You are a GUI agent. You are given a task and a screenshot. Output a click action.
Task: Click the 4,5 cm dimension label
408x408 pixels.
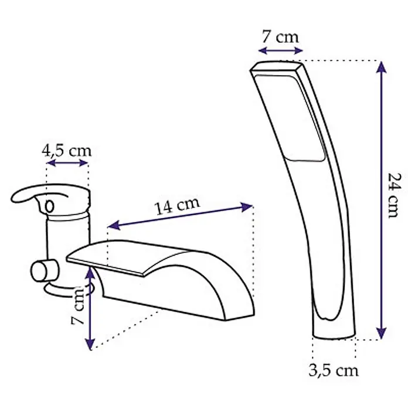67,151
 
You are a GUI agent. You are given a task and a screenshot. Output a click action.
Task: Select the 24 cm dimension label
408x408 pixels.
394,196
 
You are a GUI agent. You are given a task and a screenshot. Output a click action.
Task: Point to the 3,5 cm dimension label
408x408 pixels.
334,370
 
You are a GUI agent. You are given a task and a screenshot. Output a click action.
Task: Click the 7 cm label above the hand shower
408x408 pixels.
280,37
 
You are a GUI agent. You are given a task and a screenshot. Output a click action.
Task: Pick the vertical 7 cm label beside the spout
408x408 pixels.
78,305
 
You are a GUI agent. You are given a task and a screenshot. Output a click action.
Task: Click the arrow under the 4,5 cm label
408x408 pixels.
67,163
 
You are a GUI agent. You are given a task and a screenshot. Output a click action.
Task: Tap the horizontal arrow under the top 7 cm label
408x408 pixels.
280,50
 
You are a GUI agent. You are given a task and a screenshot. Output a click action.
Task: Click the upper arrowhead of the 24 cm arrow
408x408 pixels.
382,67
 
